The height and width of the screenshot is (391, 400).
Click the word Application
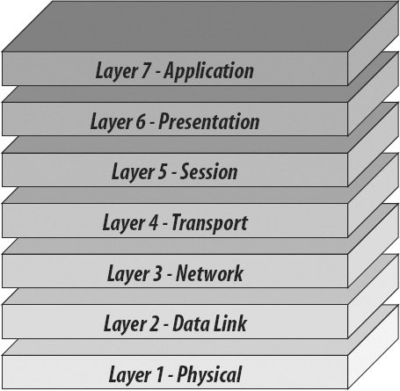point(208,71)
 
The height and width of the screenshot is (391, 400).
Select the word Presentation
point(209,121)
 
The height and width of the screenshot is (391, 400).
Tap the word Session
point(208,171)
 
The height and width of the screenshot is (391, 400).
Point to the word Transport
point(210,223)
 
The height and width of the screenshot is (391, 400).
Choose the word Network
point(209,273)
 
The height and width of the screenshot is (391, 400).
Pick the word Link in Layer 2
point(230,323)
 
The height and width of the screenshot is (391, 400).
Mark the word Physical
point(209,374)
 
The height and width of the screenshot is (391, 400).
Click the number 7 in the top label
point(147,70)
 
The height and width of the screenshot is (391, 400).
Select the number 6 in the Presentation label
point(141,121)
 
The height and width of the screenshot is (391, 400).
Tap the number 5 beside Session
point(163,171)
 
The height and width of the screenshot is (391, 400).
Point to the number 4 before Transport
point(153,222)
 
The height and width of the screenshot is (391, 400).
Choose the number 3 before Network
point(157,273)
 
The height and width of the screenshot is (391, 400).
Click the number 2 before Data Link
point(155,323)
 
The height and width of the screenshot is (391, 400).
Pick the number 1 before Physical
point(159,374)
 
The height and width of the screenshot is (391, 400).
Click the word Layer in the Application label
point(116,71)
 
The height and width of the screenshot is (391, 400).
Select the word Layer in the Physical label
point(129,375)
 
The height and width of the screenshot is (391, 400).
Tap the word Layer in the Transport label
point(123,223)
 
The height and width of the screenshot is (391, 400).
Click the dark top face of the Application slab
point(200,26)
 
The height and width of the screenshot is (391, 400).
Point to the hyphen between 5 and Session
point(174,174)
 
